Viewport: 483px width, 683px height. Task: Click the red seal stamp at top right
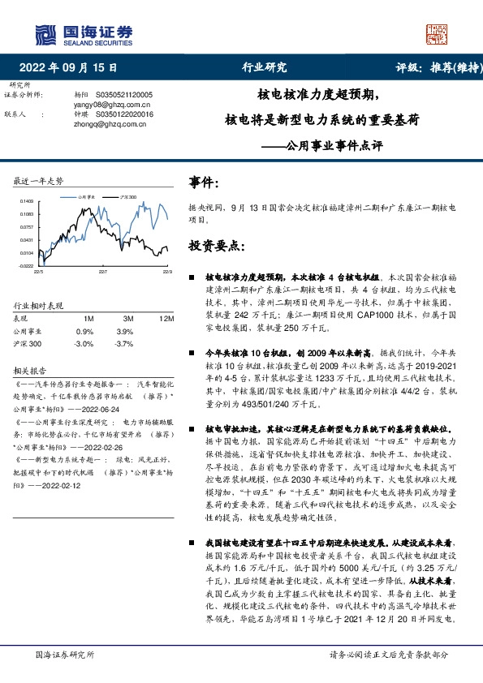tap(437, 34)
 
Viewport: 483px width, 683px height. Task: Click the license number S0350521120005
tap(130, 95)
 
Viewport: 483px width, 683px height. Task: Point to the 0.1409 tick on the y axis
tap(27, 201)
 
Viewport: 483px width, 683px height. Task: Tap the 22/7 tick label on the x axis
tap(102, 272)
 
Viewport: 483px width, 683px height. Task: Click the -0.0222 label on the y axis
tap(26, 265)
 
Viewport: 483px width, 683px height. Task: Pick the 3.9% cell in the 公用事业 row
tap(124, 332)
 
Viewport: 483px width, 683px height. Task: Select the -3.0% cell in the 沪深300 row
tap(84, 344)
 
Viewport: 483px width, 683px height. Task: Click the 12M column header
tap(167, 320)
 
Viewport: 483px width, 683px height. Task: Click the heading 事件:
tap(204, 183)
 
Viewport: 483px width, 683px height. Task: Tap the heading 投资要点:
tap(217, 245)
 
